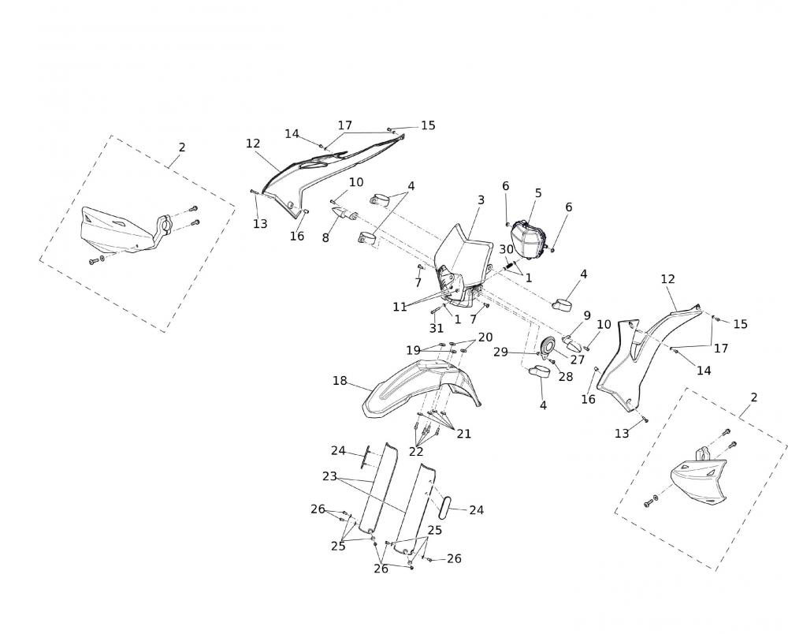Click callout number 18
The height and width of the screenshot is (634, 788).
click(x=340, y=381)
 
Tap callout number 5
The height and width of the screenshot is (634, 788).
click(x=538, y=192)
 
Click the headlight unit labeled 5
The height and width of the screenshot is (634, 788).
click(x=530, y=240)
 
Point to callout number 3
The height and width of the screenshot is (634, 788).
click(x=481, y=200)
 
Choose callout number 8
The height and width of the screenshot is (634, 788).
click(x=325, y=237)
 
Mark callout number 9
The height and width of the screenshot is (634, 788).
click(x=587, y=315)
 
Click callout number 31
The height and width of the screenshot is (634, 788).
click(x=437, y=327)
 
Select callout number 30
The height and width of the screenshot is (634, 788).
click(x=506, y=249)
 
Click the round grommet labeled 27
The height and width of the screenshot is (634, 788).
click(x=548, y=345)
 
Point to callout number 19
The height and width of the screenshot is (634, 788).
click(x=414, y=350)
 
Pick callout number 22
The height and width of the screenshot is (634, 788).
click(x=416, y=451)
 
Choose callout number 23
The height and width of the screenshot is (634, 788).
click(x=329, y=475)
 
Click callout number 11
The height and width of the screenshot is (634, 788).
click(x=400, y=306)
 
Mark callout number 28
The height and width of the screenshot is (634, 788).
click(x=565, y=376)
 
